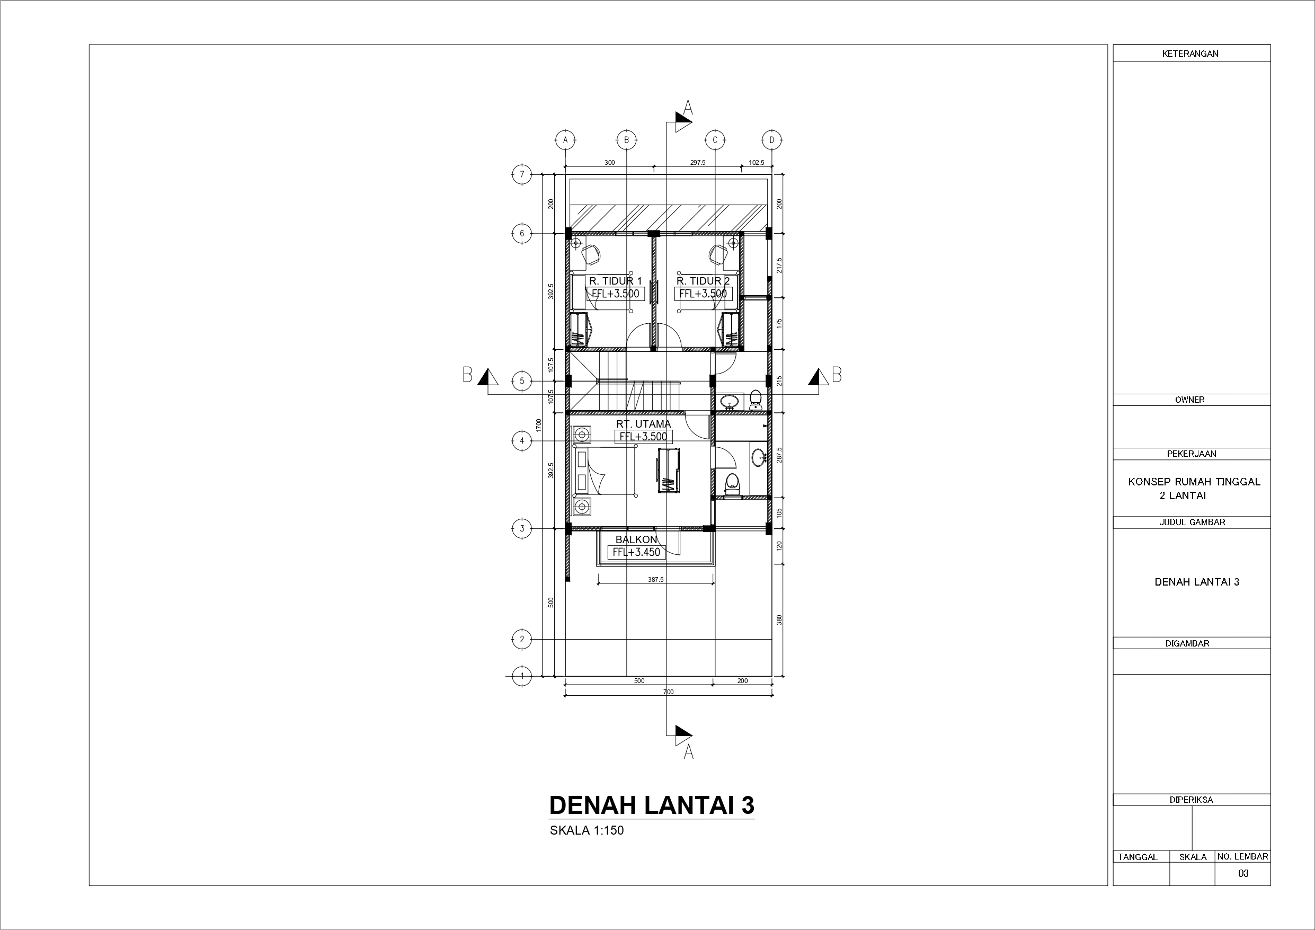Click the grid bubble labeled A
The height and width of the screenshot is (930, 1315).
(x=565, y=139)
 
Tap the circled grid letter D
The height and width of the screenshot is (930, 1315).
(x=772, y=139)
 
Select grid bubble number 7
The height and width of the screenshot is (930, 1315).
(x=521, y=174)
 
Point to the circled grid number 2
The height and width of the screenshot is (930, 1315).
(x=521, y=639)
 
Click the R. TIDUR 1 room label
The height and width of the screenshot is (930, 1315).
(x=615, y=281)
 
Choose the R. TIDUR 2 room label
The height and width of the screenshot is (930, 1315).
(x=703, y=281)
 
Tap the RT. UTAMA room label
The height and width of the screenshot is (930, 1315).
(x=643, y=424)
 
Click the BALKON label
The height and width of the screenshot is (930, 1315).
(x=636, y=539)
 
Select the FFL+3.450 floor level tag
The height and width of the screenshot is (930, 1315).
(x=636, y=552)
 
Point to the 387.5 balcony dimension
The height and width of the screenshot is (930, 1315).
(x=656, y=579)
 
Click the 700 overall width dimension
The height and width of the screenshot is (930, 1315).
(x=669, y=692)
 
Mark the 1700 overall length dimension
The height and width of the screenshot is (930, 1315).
(x=538, y=425)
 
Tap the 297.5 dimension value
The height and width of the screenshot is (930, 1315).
(x=698, y=163)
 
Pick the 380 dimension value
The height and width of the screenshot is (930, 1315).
(x=779, y=619)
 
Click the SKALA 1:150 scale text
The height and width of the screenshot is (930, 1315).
(x=587, y=830)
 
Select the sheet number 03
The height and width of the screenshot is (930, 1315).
(x=1243, y=873)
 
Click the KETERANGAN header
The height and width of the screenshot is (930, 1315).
(x=1190, y=54)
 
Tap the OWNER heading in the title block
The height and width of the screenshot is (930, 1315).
(x=1190, y=400)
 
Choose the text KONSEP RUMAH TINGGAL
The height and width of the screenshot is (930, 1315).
(x=1194, y=482)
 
